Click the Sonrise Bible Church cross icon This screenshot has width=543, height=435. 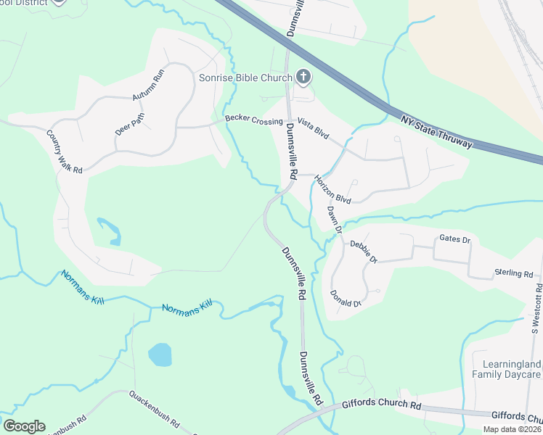tap(303, 77)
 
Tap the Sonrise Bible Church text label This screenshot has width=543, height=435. tap(246, 78)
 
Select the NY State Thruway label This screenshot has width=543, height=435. tap(436, 130)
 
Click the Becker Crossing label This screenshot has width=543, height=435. tap(253, 120)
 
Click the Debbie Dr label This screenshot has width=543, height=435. tap(364, 251)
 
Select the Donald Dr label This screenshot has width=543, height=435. tap(345, 298)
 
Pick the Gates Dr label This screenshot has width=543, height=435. tap(455, 239)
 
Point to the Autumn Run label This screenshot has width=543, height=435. tap(150, 87)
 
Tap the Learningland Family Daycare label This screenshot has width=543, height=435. tap(506, 369)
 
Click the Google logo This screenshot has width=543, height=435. tap(24, 426)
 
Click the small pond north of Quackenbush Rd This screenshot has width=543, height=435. tap(160, 355)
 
